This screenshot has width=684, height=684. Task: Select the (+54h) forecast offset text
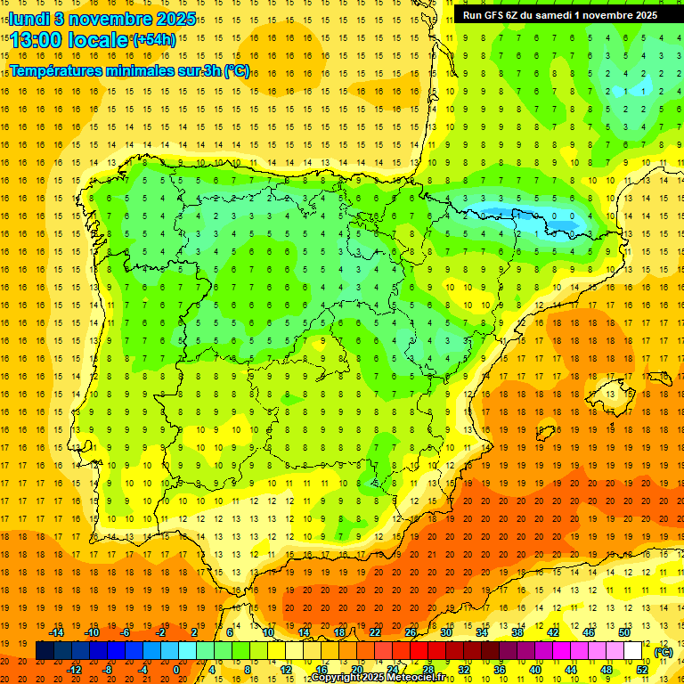[x=154, y=39]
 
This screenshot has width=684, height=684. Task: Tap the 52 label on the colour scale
[x=642, y=669]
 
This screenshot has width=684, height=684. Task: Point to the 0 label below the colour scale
[x=176, y=669]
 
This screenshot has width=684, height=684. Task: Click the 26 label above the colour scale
[x=411, y=632]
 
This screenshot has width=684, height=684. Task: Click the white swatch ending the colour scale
[x=633, y=651]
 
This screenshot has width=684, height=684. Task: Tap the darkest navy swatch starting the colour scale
[x=45, y=651]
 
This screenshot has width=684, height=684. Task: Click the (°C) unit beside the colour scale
[x=663, y=651]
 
